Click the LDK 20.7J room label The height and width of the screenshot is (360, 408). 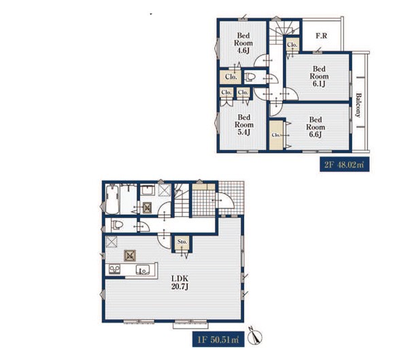coord(180,283)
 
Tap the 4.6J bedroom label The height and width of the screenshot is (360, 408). coord(243,43)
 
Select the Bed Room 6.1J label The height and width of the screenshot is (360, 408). coord(319,76)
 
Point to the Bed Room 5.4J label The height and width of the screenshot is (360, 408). coord(244,125)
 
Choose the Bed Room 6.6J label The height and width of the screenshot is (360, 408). coord(316,127)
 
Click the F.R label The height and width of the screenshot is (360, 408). coord(322,35)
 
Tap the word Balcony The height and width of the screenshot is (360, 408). coord(358,105)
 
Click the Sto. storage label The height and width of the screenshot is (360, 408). coord(182,242)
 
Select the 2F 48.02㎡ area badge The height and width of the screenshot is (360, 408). coord(345,164)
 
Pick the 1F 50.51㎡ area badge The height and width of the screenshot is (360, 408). coord(218,340)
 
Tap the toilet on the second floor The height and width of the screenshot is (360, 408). coord(250,77)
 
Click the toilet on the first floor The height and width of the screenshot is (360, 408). coord(117,225)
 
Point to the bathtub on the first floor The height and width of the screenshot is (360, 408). coord(112,199)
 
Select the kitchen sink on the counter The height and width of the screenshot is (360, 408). coord(143,270)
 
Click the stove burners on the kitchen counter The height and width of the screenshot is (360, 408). coord(115,269)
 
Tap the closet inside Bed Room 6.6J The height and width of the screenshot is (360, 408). coord(276,135)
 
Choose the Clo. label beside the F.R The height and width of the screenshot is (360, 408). coord(292,45)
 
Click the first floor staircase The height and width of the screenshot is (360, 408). coord(182,200)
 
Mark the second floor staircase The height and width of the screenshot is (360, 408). coord(284,32)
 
